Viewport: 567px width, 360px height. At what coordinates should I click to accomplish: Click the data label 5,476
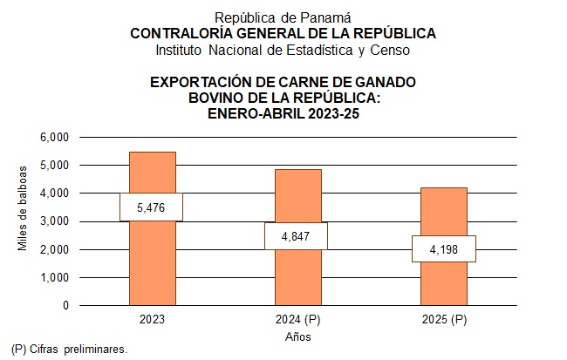click(x=152, y=207)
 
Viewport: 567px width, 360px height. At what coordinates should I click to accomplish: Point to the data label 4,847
click(x=297, y=236)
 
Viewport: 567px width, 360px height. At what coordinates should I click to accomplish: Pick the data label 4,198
click(x=443, y=249)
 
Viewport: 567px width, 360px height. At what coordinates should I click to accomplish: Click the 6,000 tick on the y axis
click(x=54, y=137)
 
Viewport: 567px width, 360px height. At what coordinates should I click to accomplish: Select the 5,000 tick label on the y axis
click(x=54, y=165)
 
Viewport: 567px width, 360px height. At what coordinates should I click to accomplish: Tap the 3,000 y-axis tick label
click(x=54, y=221)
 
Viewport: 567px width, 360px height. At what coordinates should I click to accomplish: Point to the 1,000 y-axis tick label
click(x=54, y=278)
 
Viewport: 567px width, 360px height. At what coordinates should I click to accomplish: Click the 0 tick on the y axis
click(x=65, y=306)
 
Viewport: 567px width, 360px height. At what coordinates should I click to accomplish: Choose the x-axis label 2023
click(x=152, y=320)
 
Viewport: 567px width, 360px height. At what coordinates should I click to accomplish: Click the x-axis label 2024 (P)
click(x=297, y=320)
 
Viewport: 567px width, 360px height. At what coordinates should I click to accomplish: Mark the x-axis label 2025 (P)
click(x=443, y=320)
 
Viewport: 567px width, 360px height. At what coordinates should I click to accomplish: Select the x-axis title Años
click(x=297, y=336)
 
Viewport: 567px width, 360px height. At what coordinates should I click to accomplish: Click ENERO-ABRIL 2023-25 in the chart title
click(x=283, y=112)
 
